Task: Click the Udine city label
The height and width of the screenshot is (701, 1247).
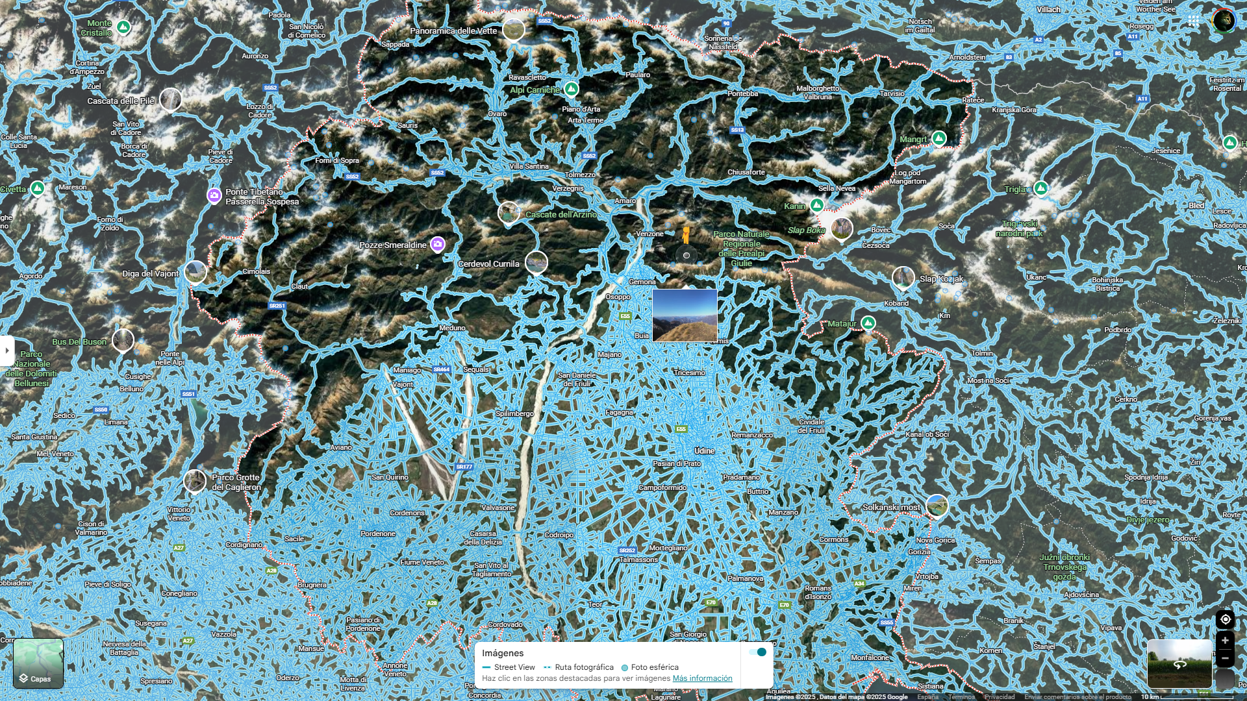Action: (704, 450)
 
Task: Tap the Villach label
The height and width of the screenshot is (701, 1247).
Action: (1048, 10)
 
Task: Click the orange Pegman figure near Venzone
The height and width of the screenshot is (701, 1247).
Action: (685, 235)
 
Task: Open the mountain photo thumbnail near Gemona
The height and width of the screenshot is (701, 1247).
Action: (685, 315)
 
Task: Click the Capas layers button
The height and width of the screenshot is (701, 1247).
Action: (38, 663)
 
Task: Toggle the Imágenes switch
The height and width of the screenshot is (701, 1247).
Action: (757, 652)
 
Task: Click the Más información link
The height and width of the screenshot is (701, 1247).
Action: (702, 678)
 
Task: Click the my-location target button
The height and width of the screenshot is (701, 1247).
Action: (1225, 619)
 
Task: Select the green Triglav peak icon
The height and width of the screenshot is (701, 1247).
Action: (1041, 188)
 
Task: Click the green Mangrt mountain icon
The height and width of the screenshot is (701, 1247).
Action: (938, 138)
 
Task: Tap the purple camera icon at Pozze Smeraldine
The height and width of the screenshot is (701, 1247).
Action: (438, 244)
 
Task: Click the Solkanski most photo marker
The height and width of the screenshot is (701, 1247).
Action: (937, 505)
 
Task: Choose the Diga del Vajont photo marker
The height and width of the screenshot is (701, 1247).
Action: (195, 271)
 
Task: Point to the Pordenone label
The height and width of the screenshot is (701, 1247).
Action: (378, 534)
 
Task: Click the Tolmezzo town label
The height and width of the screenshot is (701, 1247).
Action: (580, 175)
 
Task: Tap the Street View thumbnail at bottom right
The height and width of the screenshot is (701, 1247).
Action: (1179, 663)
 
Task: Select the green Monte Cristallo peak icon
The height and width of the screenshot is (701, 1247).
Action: (123, 27)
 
